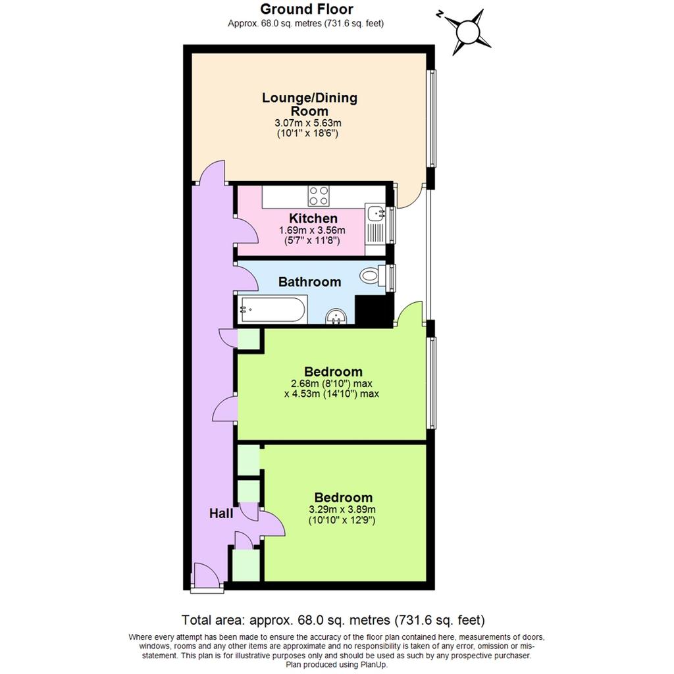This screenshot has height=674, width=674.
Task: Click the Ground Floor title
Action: click(x=307, y=9)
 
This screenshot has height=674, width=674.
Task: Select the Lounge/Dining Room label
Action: click(x=309, y=104)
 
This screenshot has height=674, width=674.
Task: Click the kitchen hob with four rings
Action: click(x=319, y=196)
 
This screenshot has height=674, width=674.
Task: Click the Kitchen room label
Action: click(x=313, y=219)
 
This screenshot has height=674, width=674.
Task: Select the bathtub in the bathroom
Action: click(x=273, y=309)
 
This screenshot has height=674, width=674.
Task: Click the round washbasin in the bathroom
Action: click(x=336, y=317)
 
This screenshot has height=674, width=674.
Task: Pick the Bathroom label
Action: click(x=309, y=282)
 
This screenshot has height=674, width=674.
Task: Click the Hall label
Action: click(x=221, y=513)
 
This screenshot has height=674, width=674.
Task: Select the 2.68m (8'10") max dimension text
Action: click(x=332, y=384)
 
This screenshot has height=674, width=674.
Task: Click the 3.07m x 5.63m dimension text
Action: click(x=308, y=123)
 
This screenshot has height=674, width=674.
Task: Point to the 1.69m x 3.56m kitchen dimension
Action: click(x=312, y=230)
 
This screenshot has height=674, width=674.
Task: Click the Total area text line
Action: click(x=333, y=620)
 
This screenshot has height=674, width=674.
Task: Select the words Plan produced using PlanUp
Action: click(x=336, y=665)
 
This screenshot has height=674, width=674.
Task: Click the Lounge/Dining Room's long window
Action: click(x=432, y=118)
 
